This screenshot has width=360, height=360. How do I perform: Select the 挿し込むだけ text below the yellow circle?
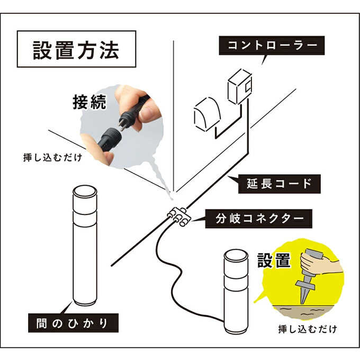(x=307, y=329)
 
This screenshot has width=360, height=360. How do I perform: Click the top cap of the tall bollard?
(x=85, y=192)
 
